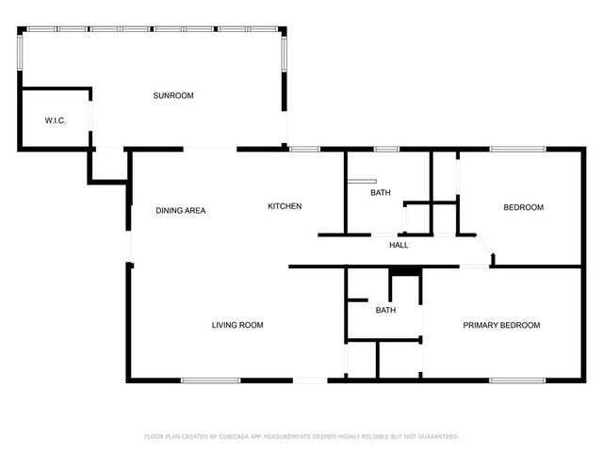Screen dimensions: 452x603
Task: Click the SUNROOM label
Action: tap(173, 96)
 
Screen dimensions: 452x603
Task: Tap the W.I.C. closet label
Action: tap(55, 121)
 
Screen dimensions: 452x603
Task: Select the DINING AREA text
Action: tap(181, 210)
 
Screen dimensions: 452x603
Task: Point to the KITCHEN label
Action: tap(285, 206)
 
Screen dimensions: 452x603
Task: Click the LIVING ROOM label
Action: tap(236, 325)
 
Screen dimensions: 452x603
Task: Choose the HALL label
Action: tap(399, 246)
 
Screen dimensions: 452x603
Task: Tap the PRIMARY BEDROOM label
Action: tap(501, 325)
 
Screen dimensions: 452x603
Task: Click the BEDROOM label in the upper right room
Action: tap(523, 207)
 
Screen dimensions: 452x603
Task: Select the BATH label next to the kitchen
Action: tap(380, 192)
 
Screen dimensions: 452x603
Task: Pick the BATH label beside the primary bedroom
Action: tap(385, 310)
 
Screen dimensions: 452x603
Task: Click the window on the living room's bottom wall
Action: tap(208, 379)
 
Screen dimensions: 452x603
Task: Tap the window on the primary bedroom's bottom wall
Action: tap(516, 379)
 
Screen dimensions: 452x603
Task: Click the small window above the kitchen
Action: tap(304, 149)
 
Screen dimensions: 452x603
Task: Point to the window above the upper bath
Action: tap(386, 149)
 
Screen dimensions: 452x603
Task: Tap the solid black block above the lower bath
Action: tap(404, 271)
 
